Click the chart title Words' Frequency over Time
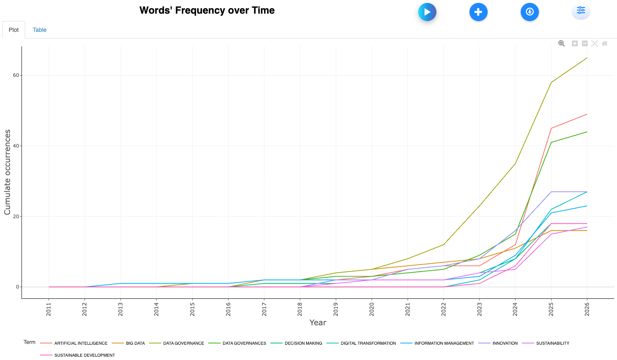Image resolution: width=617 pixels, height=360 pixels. point(207,10)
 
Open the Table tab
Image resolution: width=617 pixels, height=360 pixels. point(39,30)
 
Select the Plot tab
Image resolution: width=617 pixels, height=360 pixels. point(14,30)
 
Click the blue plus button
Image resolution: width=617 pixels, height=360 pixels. point(478,12)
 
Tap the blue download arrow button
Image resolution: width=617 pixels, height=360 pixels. point(529,12)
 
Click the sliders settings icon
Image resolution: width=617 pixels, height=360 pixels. point(581,11)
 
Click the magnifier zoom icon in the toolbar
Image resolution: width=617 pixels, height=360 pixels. point(561,43)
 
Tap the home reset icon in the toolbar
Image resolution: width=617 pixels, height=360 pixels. point(605,43)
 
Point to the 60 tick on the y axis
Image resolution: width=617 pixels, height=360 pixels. point(16,75)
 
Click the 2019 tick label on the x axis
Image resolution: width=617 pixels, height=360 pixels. point(336,309)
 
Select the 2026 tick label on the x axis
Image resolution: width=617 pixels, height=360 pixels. point(587,309)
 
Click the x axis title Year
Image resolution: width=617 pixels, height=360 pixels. point(318,322)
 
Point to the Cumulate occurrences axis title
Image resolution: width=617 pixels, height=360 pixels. point(7,172)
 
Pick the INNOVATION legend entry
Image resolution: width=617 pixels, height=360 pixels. point(505,343)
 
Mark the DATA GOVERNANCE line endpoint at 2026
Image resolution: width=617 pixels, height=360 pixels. point(587,58)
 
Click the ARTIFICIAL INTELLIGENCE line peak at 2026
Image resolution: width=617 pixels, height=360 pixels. point(587,114)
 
